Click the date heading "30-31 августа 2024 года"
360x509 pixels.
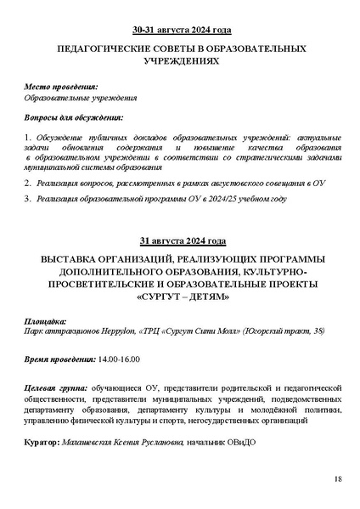180,28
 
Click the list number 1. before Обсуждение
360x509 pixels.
28,138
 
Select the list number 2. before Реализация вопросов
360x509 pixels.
28,183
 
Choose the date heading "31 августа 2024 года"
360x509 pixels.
180,240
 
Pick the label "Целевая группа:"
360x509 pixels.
57,387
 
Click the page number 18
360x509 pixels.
338,480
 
